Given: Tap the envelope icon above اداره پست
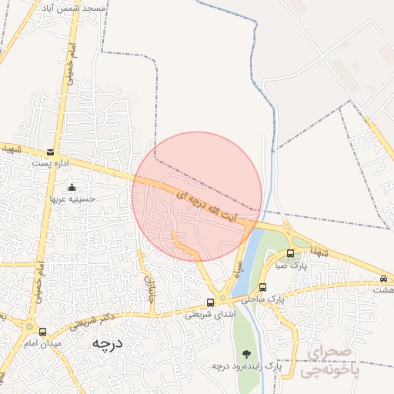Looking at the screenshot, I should click(51, 152).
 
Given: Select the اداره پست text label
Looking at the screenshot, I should click(51, 163).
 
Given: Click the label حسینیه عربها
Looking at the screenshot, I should click(72, 198).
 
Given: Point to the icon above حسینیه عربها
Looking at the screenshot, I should click(72, 187).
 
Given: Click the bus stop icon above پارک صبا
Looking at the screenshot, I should click(290, 253).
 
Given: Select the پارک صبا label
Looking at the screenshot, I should click(292, 265).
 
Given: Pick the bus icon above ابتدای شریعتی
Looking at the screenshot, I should click(211, 302).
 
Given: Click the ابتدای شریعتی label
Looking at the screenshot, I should click(209, 314).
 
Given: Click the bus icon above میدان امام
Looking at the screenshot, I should click(42, 331).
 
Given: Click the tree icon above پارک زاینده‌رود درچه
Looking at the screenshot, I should click(246, 354).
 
